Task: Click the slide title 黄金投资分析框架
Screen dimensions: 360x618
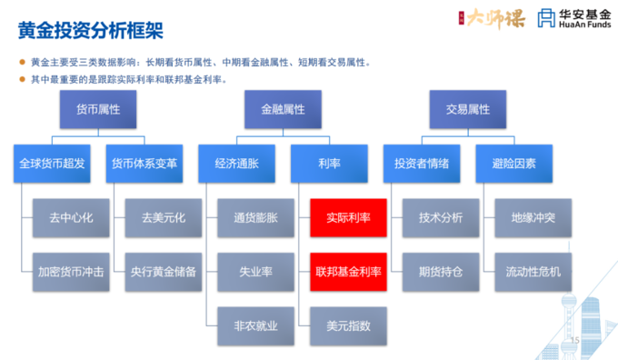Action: click(90, 30)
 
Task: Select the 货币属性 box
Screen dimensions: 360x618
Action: click(97, 109)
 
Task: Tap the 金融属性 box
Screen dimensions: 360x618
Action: click(283, 109)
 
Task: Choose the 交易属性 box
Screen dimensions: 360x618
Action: click(467, 109)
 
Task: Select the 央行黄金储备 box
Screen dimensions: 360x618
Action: click(162, 270)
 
